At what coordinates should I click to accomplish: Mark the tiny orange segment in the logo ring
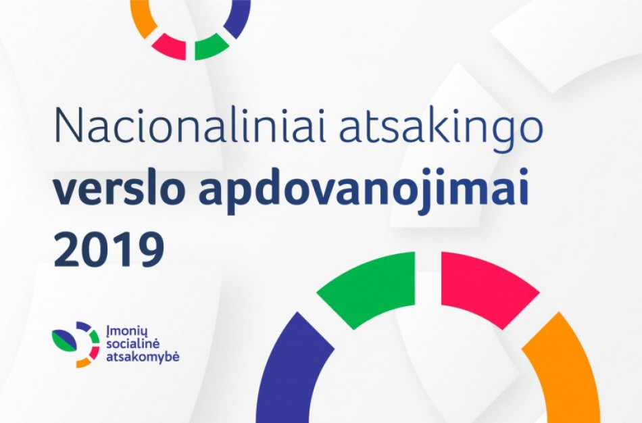click(83, 362)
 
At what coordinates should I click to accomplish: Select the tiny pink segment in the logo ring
click(94, 351)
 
